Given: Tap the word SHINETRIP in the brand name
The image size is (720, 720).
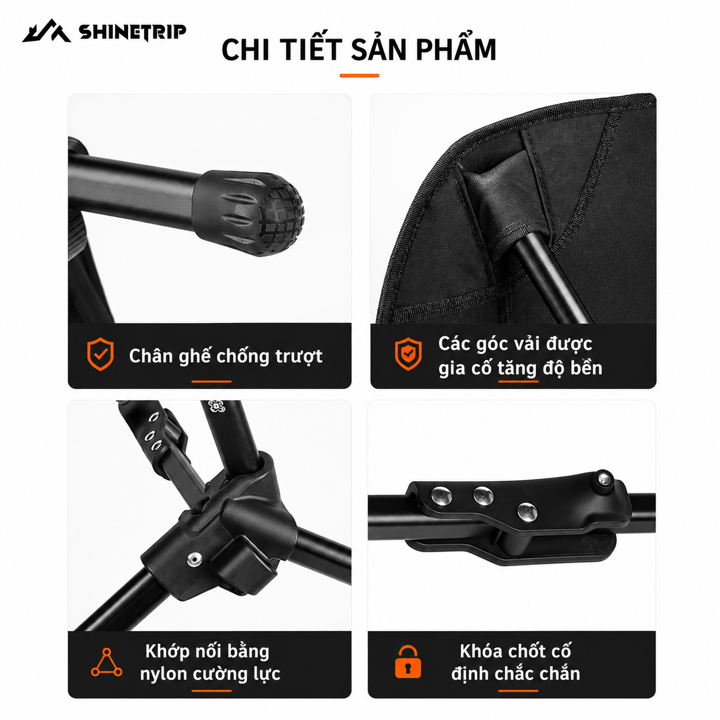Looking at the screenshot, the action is (132, 32).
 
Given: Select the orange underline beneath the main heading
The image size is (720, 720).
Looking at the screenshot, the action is (359, 75).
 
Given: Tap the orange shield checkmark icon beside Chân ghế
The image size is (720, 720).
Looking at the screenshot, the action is (100, 354).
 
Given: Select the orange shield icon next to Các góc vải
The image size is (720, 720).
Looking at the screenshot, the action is (408, 354).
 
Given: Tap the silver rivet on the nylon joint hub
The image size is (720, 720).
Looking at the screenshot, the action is (194, 559).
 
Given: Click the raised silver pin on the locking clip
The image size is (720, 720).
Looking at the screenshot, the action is (602, 479).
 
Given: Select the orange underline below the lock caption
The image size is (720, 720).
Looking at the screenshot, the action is (518, 691).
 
